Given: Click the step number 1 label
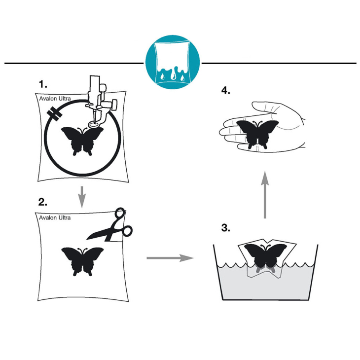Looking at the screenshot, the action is (x=43, y=84).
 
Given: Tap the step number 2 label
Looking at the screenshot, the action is (x=43, y=202).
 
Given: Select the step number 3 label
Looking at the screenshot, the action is (x=226, y=228).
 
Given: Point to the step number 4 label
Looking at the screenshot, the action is (x=226, y=90).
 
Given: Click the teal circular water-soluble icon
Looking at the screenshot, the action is (x=173, y=62).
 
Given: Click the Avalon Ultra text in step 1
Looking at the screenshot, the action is (x=55, y=99).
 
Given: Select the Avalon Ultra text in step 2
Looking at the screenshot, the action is (x=55, y=217).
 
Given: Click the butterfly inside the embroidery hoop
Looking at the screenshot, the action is (x=82, y=141).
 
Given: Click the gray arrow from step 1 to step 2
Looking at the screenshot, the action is (x=82, y=197).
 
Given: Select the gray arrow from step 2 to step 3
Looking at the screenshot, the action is (x=170, y=258).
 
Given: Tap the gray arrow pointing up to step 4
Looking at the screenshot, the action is (x=265, y=195).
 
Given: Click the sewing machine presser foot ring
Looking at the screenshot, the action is (x=94, y=124).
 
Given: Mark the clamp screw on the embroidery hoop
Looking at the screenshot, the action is (x=55, y=113).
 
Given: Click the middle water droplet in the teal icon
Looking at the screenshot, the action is (x=173, y=75).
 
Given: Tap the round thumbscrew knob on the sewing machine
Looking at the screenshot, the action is (x=114, y=104).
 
